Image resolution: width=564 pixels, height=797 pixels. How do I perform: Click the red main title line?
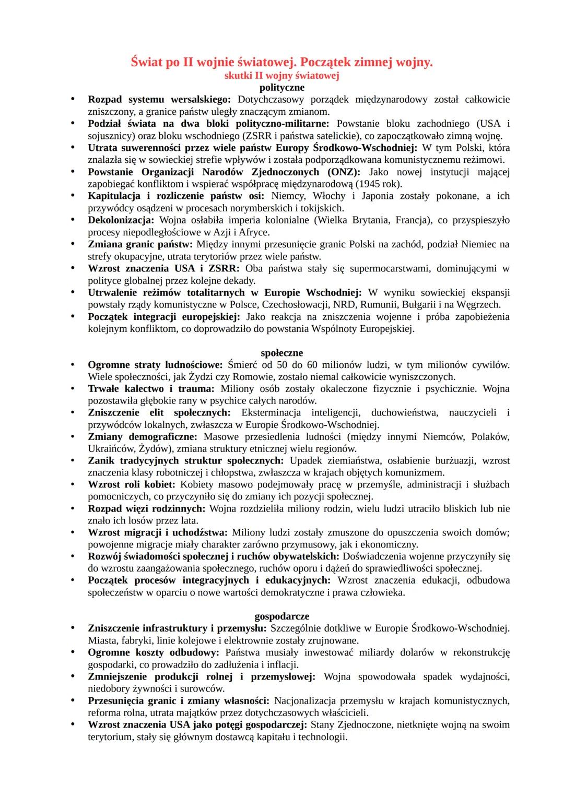(281, 63)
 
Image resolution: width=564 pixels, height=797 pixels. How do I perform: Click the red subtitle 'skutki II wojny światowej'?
(281, 76)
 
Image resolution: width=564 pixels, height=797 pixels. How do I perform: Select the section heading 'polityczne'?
(281, 87)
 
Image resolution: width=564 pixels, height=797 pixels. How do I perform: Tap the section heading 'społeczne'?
(281, 353)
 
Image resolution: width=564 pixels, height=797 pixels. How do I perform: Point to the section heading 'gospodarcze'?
(281, 616)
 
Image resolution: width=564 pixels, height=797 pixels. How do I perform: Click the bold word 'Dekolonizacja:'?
(121, 220)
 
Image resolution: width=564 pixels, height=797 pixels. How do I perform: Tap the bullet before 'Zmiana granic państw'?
(74, 244)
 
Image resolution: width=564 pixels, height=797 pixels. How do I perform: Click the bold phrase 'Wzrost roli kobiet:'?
(131, 484)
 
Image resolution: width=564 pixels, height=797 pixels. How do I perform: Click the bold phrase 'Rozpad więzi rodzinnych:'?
(147, 508)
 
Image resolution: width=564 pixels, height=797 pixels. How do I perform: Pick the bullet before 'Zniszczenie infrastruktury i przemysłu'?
(74, 628)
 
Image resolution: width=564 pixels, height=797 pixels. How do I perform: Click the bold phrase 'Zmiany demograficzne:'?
(143, 436)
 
